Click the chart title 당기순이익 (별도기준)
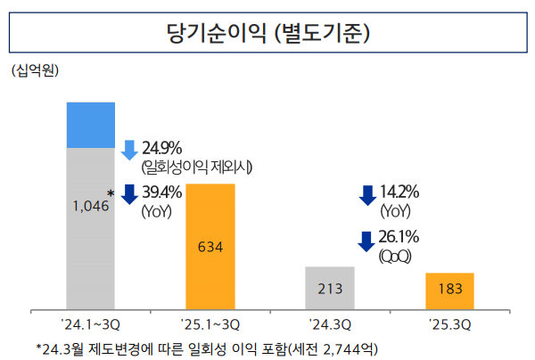tap(267, 35)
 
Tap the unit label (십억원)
tap(35, 70)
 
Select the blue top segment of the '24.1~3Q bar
tap(91, 125)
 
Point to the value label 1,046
tap(89, 206)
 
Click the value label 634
tap(210, 247)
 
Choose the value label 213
tap(330, 290)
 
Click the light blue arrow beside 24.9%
tap(128, 149)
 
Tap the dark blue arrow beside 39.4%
tap(128, 193)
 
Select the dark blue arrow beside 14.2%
tap(366, 194)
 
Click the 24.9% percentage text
tap(161, 147)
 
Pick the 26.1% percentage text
tap(399, 238)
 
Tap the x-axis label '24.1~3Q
tap(91, 323)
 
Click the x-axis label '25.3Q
tap(449, 323)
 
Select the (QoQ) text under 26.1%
tap(394, 257)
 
